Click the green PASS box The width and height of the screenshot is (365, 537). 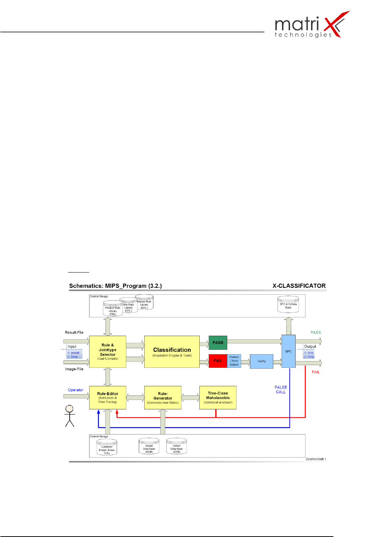point(218,342)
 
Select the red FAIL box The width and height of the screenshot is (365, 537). point(218,361)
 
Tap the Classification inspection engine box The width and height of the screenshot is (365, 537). point(172,352)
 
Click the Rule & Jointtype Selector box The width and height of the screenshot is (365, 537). point(108,352)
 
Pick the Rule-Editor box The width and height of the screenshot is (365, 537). point(108,398)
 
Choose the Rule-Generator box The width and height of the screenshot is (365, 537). point(163,398)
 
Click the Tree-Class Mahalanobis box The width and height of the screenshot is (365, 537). point(218,398)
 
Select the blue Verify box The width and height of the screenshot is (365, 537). point(261,361)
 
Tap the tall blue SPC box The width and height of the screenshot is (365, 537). point(288,351)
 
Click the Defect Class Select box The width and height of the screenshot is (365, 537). point(234,361)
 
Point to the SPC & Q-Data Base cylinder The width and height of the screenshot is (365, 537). point(288,305)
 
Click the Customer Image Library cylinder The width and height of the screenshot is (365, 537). point(107,448)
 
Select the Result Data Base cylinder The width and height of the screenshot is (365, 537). point(149,447)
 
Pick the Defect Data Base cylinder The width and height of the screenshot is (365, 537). point(177,447)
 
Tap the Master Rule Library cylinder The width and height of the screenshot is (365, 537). point(144,302)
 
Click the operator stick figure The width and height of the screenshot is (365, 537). point(69,416)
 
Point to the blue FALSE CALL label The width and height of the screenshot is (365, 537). point(281,390)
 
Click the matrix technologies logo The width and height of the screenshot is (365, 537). point(312,25)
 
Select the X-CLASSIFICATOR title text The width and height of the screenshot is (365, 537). point(299,286)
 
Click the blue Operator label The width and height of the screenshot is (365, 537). point(75,390)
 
